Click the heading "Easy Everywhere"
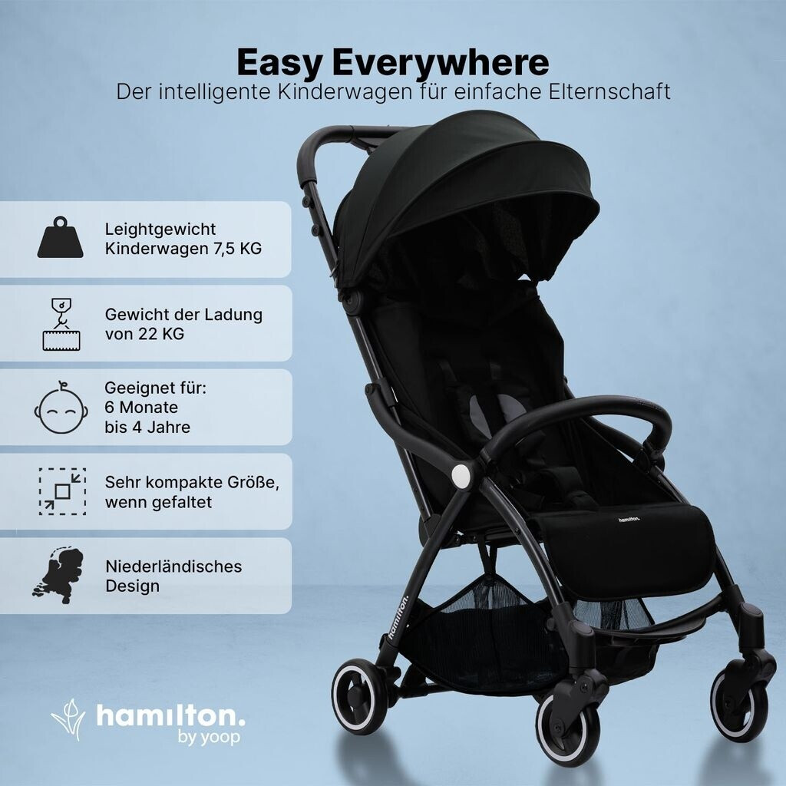(x=393, y=63)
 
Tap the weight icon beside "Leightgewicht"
(x=60, y=238)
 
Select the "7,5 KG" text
(x=238, y=249)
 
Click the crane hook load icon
(x=61, y=324)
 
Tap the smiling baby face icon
(x=61, y=407)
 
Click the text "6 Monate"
(x=141, y=407)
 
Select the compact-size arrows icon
(x=63, y=492)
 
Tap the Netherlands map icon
(x=58, y=576)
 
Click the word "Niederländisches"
(x=173, y=566)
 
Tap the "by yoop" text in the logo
(x=209, y=737)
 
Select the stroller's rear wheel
(x=359, y=697)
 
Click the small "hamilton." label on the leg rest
(x=629, y=519)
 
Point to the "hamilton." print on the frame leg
(x=399, y=616)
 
